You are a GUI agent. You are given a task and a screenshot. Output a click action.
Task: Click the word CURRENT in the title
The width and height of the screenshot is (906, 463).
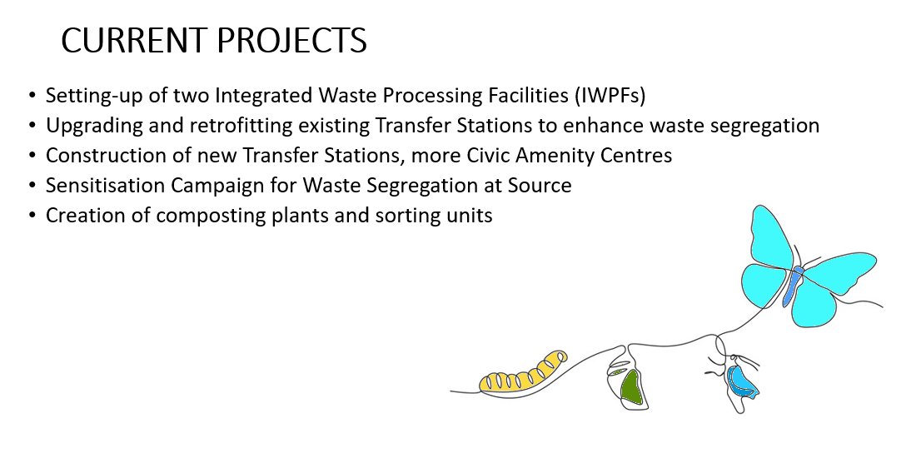pos(134,41)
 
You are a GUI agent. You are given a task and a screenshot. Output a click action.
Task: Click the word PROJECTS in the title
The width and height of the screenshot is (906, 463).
pos(292,41)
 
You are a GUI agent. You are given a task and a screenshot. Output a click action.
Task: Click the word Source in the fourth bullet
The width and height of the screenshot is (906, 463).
pos(540,186)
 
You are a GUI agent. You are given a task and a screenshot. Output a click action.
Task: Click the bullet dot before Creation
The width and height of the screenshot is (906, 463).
pos(32,216)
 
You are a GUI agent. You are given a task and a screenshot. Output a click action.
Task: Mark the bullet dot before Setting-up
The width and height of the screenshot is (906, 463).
pos(32,96)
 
